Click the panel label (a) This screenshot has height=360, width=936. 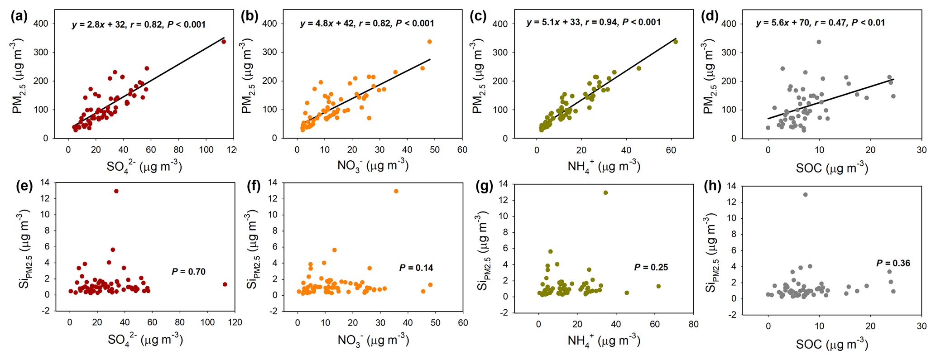tap(19, 17)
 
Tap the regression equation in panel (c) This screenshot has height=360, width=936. tap(593, 22)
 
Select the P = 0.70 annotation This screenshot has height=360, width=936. tap(188, 272)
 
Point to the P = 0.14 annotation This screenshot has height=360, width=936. tap(416, 268)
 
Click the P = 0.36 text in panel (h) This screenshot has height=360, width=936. tap(893, 263)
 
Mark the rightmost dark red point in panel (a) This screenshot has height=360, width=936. tap(223, 42)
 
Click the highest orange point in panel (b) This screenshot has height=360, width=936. tap(429, 42)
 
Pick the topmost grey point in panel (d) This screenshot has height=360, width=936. tap(819, 42)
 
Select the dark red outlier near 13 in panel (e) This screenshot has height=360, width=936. tap(116, 191)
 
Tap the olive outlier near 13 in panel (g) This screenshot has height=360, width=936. tap(605, 193)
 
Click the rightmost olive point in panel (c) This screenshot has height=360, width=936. tap(676, 42)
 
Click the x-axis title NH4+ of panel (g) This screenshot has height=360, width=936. tap(604, 340)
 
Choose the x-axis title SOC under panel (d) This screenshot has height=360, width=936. tap(832, 168)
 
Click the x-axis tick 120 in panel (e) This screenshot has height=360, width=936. tap(235, 322)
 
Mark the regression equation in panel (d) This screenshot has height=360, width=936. tap(820, 22)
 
